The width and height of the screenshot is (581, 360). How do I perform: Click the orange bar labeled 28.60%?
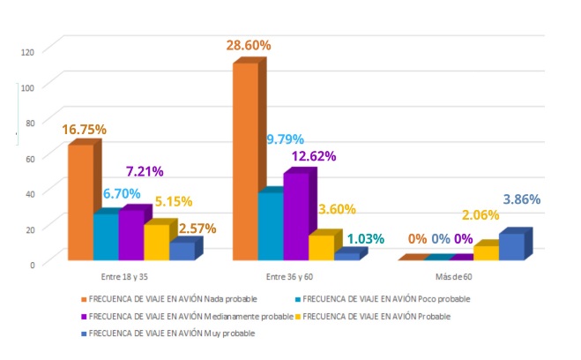[x=247, y=163]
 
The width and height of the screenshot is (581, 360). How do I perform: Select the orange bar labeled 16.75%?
[x=80, y=203]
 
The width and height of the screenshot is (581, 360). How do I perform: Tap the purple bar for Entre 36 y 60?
[x=295, y=216]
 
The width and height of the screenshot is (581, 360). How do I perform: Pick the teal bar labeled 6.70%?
[x=105, y=236]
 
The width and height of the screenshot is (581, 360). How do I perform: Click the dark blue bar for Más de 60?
[x=511, y=246]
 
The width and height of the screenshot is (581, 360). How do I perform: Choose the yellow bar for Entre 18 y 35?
[x=156, y=242]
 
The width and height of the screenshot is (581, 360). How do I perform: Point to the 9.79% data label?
[x=285, y=139]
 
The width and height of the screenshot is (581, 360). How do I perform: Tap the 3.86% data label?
[x=521, y=199]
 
